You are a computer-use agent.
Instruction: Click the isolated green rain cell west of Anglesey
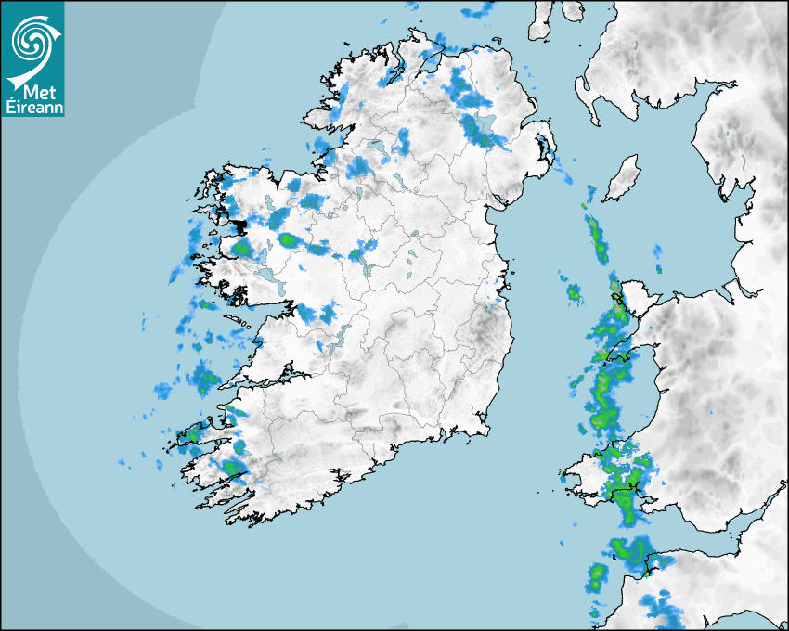click(x=574, y=295)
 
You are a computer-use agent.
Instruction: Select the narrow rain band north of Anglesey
click(x=597, y=237)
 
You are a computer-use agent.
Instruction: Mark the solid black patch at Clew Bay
click(x=239, y=226)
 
